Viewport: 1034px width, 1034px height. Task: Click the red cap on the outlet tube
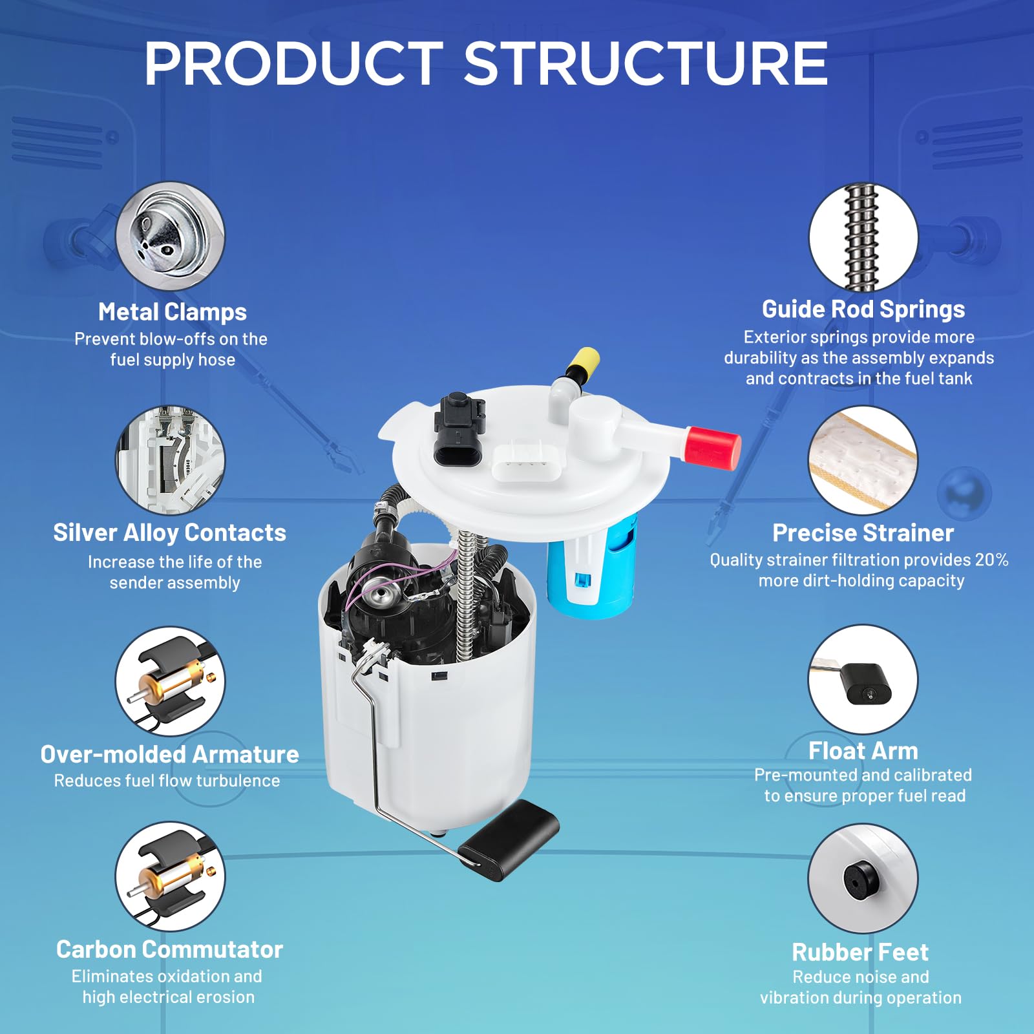point(712,447)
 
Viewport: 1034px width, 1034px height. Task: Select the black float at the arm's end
point(508,839)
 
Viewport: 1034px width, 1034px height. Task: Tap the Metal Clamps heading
point(173,312)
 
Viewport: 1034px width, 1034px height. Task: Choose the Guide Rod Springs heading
point(863,310)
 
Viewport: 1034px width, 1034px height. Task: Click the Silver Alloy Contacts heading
point(169,533)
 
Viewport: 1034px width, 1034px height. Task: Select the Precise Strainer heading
point(863,533)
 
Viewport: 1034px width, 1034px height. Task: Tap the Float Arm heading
point(863,751)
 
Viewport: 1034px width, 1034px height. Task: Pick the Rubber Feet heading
point(860,952)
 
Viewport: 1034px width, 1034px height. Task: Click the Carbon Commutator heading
point(169,949)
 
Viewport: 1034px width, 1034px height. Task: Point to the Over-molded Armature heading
point(169,754)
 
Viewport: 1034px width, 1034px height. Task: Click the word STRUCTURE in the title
point(646,63)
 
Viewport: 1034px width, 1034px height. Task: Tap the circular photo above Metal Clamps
point(171,236)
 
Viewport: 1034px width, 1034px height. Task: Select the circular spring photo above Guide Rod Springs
point(863,237)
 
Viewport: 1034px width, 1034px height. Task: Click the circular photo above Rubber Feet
point(863,878)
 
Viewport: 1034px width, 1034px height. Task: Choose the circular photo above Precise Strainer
point(863,460)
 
